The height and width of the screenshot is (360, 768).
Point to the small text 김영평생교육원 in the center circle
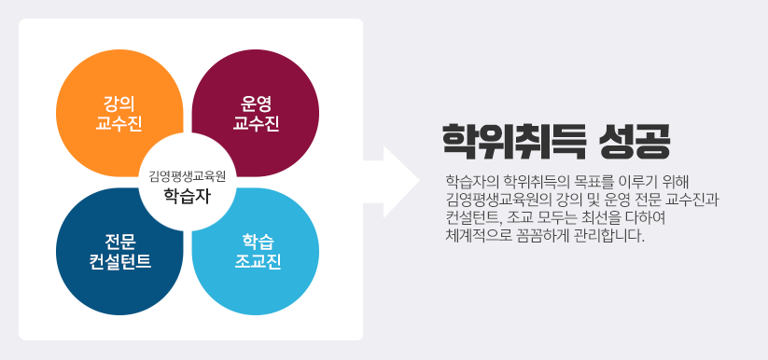point(188,174)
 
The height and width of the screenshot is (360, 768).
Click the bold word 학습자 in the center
point(188,195)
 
